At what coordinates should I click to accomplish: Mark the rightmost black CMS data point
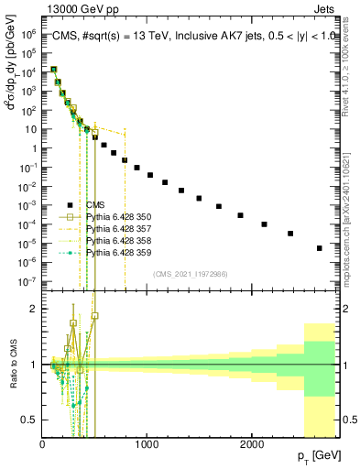click(320, 248)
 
